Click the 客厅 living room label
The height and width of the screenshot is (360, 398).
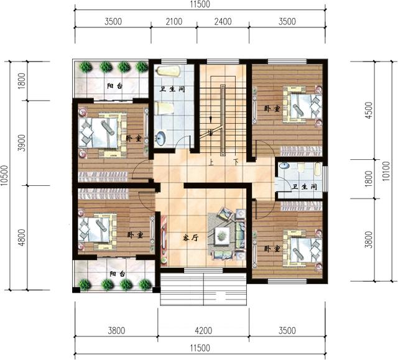[x=190, y=238]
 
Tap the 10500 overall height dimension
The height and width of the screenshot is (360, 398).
[x=5, y=175]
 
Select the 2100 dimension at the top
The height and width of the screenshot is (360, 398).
[x=174, y=22]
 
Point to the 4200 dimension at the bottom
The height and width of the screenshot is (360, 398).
[x=203, y=331]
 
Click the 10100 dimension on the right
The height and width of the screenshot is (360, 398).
[x=386, y=171]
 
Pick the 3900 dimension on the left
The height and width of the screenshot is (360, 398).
[x=22, y=143]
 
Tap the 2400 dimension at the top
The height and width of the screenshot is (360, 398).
[x=223, y=22]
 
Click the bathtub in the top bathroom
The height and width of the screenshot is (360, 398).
[x=169, y=71]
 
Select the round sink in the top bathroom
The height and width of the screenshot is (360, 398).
[x=160, y=139]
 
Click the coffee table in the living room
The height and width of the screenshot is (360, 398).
[x=222, y=236]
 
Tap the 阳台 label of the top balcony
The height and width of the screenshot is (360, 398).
[x=114, y=86]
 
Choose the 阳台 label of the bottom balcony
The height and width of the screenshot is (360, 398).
[x=118, y=274]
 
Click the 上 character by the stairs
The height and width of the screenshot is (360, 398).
[x=211, y=162]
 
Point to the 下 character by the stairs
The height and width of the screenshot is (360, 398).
[x=236, y=162]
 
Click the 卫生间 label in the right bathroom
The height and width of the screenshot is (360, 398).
[x=304, y=187]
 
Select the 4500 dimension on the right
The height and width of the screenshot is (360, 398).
[x=369, y=110]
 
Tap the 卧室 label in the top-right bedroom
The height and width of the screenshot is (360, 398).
[x=272, y=109]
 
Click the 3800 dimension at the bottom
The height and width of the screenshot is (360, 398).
[x=116, y=331]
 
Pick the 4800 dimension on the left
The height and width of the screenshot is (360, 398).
[x=22, y=238]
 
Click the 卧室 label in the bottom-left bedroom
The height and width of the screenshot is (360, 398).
[x=136, y=235]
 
